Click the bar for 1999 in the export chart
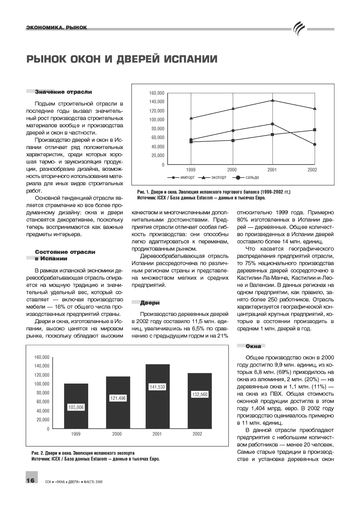pos(76,392)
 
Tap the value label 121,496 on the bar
pos(117,398)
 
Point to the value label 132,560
pos(200,394)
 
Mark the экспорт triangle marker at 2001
pos(272,100)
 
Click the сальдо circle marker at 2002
pos(314,144)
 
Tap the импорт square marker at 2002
pos(314,130)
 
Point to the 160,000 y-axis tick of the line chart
pos(157,93)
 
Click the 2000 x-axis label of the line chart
pos(232,170)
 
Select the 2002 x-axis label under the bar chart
pos(197,434)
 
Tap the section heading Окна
pos(253,346)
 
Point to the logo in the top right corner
pos(299,29)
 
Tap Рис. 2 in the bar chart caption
pos(38,453)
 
